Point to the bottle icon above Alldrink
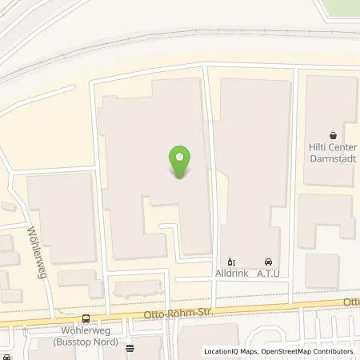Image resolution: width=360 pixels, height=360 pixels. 231,262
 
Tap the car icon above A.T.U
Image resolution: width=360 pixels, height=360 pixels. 267,262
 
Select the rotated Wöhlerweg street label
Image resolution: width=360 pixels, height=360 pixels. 34,246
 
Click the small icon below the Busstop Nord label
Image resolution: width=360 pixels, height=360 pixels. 130,348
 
